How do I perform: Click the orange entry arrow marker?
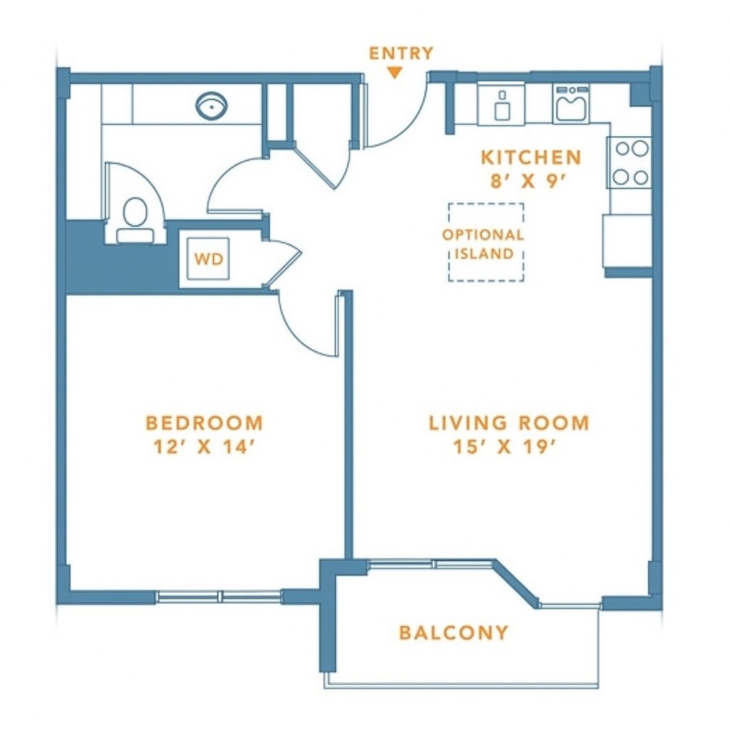[x=395, y=73]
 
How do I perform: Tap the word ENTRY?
[x=401, y=53]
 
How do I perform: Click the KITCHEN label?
[x=531, y=158]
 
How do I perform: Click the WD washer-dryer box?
[x=207, y=258]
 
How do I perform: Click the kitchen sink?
[x=571, y=104]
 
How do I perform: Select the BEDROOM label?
[x=205, y=423]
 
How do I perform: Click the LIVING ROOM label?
[x=509, y=423]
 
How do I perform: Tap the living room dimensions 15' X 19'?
[x=505, y=447]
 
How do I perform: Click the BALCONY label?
[x=453, y=633]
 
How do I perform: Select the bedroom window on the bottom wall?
[x=219, y=597]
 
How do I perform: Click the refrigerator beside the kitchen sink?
[x=501, y=103]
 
